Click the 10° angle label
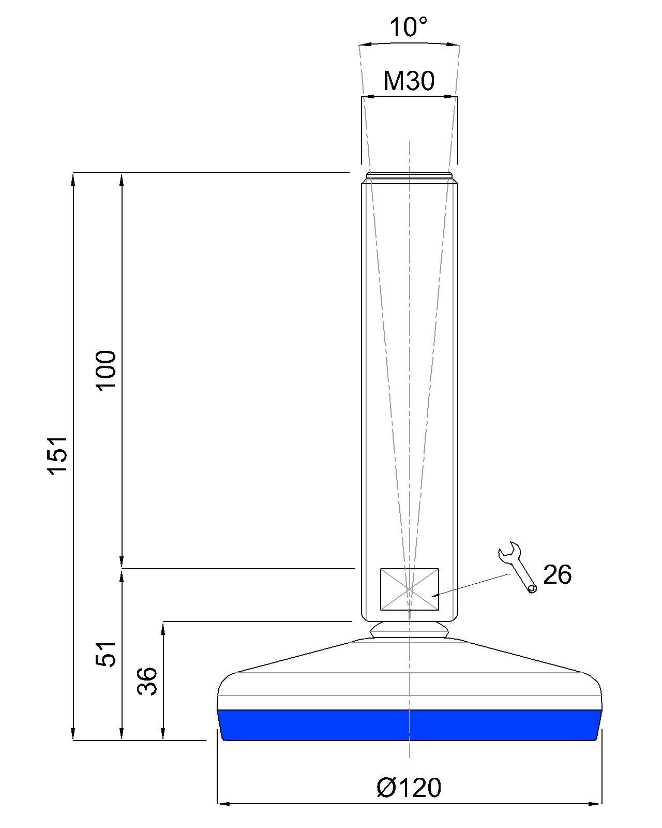409,27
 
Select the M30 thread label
409,81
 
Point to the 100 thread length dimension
107,371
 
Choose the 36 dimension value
147,681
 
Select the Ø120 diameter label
409,788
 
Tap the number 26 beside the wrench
557,575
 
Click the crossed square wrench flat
409,589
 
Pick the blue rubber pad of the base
409,725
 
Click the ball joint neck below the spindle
409,631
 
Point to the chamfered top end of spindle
409,176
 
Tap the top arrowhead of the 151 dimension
73,179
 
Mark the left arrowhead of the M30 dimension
367,96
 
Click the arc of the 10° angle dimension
409,43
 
